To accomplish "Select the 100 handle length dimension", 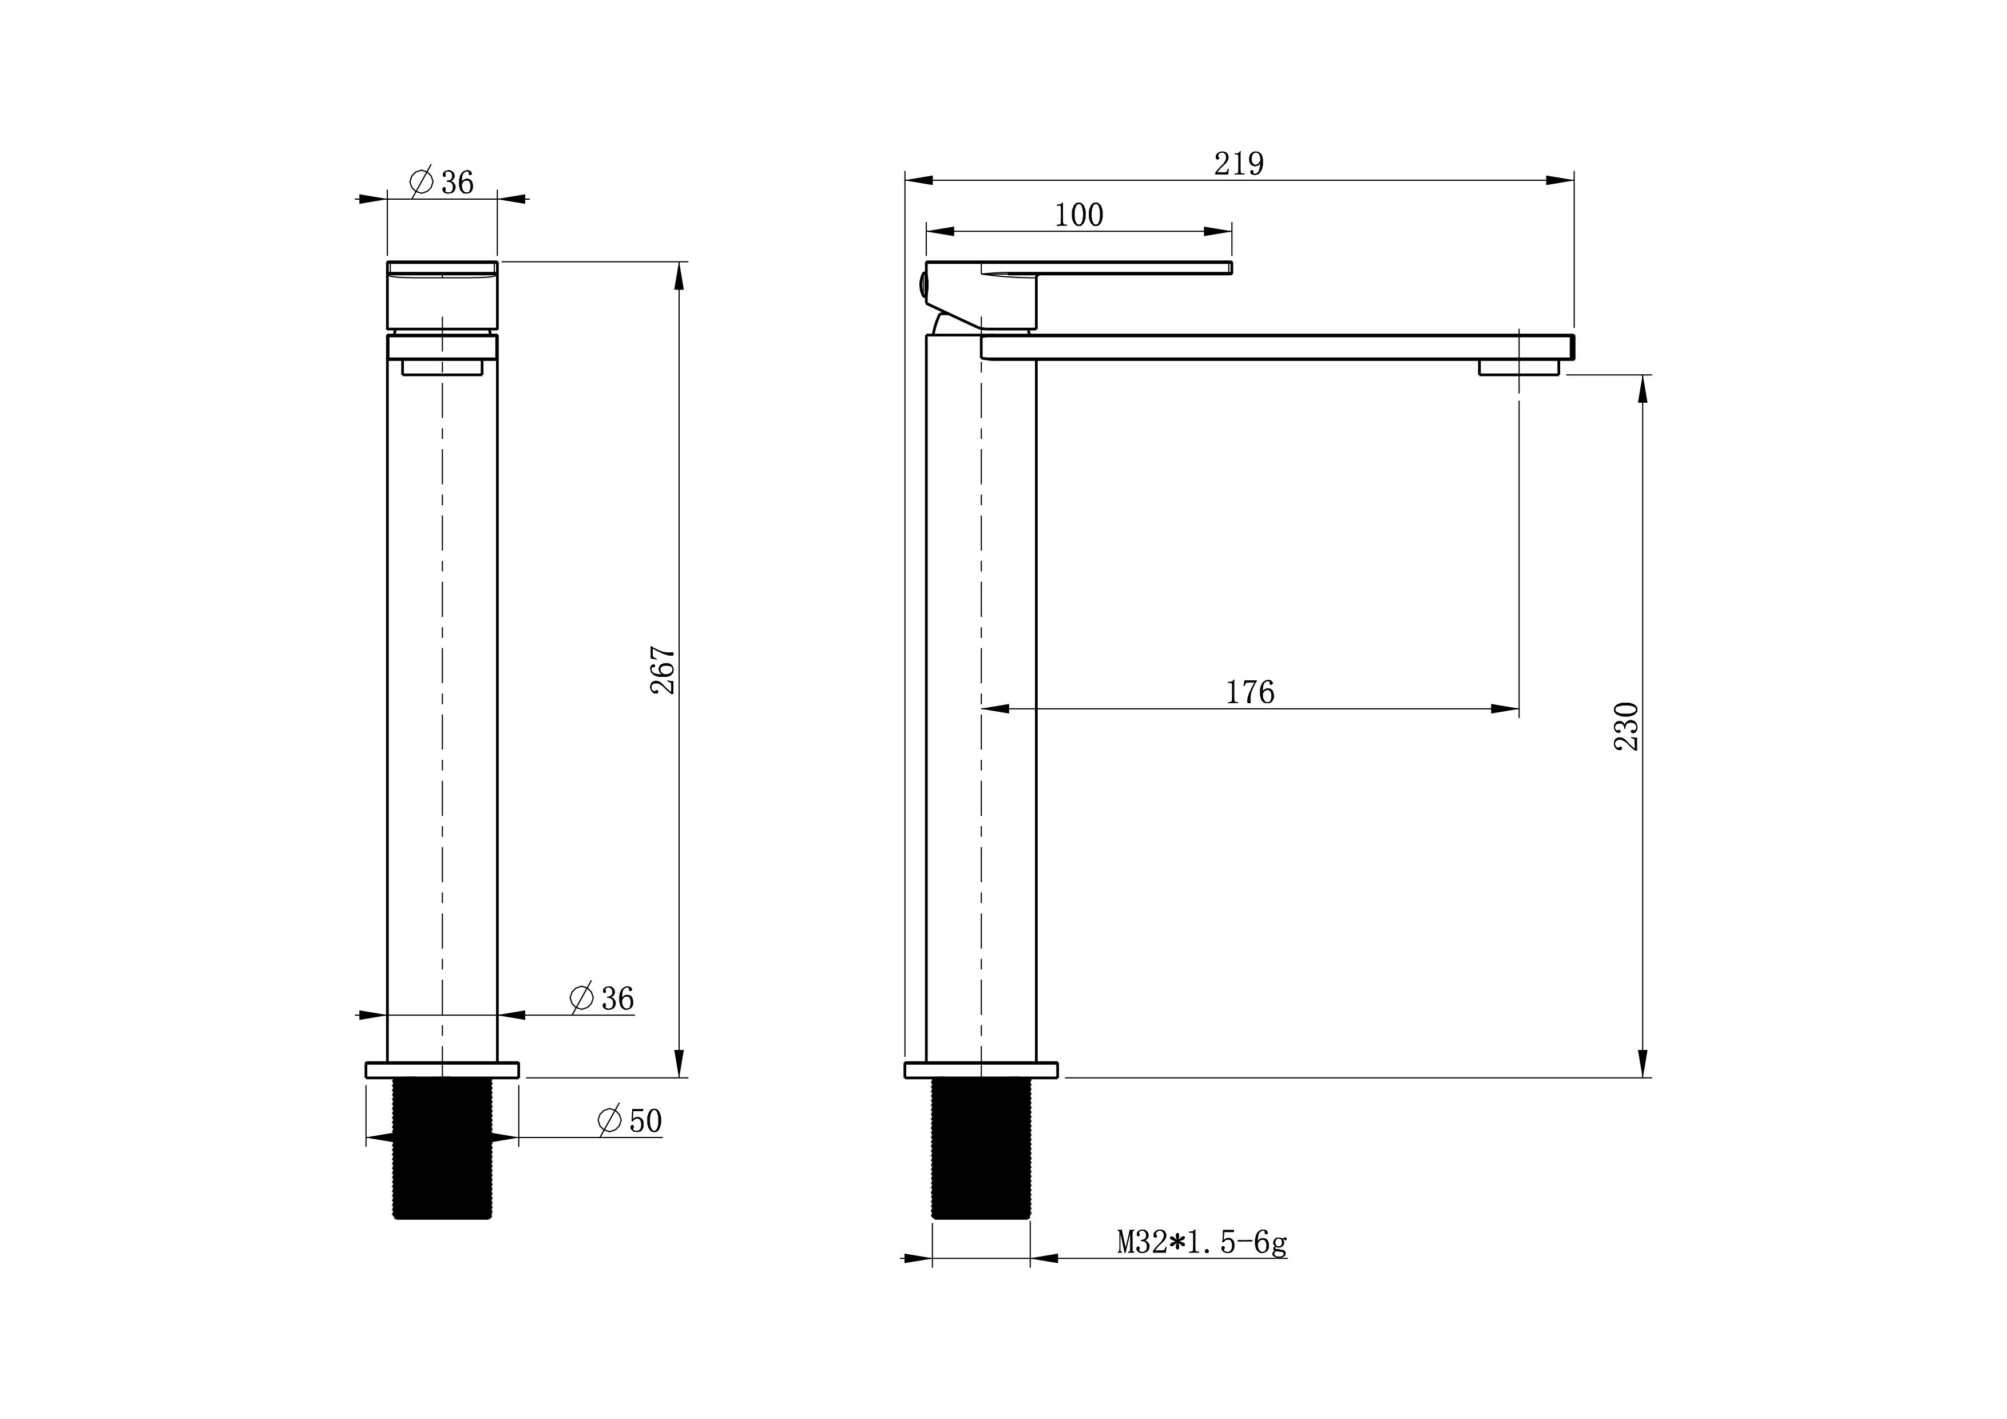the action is pos(1078,215).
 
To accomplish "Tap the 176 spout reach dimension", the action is pos(1250,692).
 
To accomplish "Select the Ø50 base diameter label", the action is pos(629,1121).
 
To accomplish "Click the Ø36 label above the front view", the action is pos(442,182).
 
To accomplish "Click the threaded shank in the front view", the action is pos(442,1149).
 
